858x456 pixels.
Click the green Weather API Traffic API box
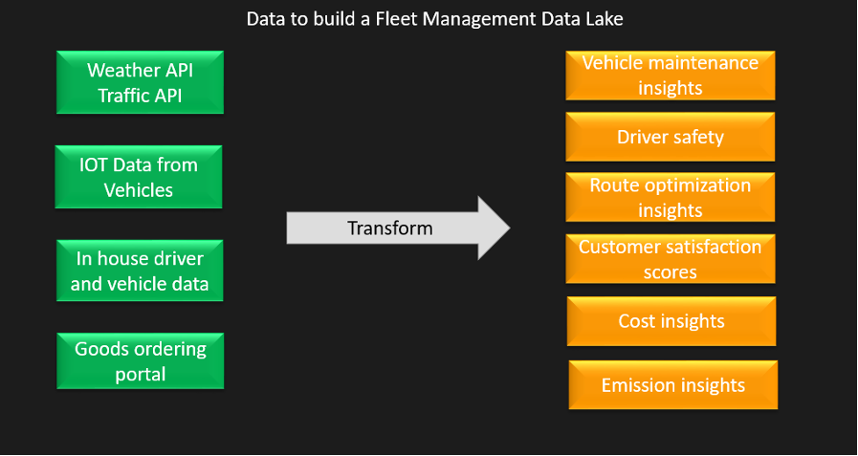click(140, 83)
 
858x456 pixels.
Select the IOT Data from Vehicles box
click(139, 177)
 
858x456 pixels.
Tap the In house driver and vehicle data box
click(140, 271)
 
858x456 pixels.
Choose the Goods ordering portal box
click(140, 361)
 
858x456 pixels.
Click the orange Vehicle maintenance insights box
click(670, 76)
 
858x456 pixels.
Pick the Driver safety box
click(670, 137)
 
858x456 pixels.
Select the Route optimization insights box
click(670, 197)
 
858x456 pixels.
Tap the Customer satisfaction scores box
click(670, 259)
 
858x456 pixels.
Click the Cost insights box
click(671, 321)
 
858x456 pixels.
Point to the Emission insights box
click(672, 385)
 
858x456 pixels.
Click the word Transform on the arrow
click(389, 228)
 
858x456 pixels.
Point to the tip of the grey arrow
click(508, 228)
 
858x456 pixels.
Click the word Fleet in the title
click(388, 19)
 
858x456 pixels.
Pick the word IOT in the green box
click(95, 164)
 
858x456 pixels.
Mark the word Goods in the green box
click(101, 349)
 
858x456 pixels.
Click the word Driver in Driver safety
click(643, 137)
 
